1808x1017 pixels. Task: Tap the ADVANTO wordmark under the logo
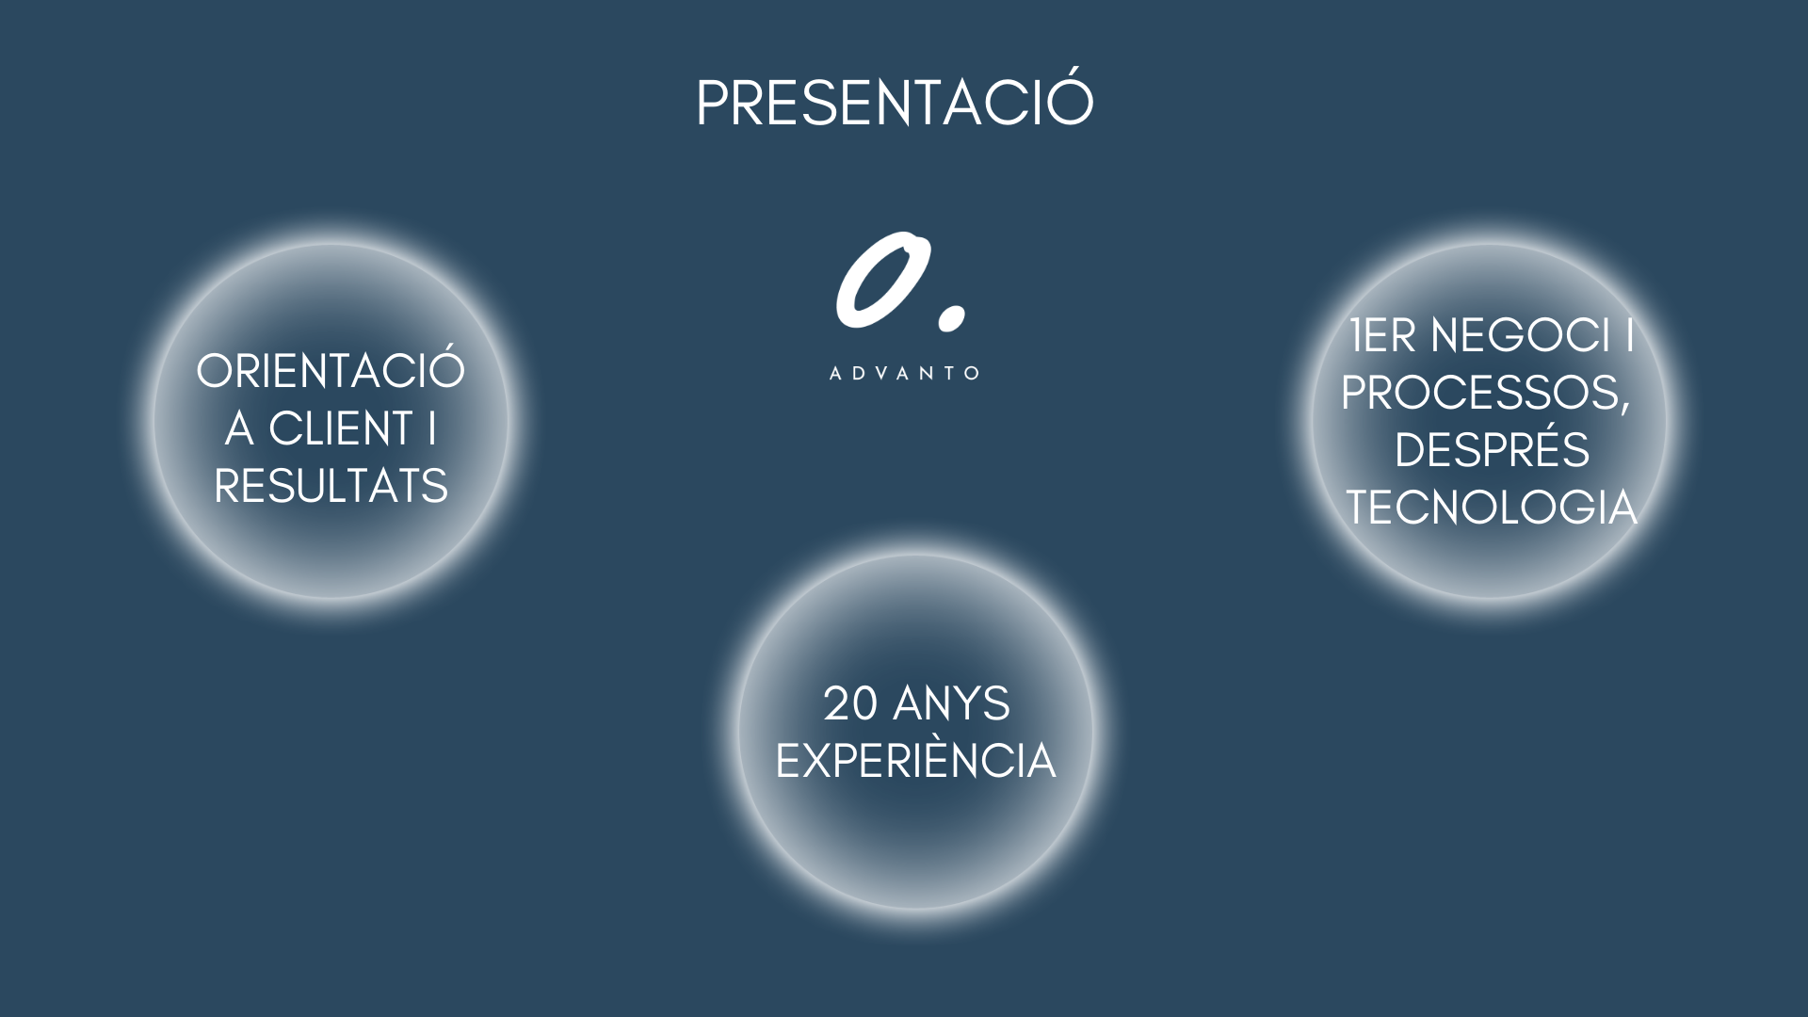click(905, 373)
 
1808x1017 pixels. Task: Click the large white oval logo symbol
click(882, 280)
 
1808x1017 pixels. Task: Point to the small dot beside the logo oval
click(952, 317)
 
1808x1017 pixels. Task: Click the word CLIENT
click(341, 429)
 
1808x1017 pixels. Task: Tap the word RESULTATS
click(331, 487)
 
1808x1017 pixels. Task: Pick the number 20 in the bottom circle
click(850, 703)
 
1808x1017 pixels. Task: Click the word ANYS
click(951, 703)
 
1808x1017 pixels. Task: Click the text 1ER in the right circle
click(1382, 335)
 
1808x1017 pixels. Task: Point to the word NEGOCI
click(1521, 335)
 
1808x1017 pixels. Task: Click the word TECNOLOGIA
click(1492, 508)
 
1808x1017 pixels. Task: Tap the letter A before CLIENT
click(239, 429)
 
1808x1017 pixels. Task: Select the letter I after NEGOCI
click(1630, 335)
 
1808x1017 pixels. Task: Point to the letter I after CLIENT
click(432, 429)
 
